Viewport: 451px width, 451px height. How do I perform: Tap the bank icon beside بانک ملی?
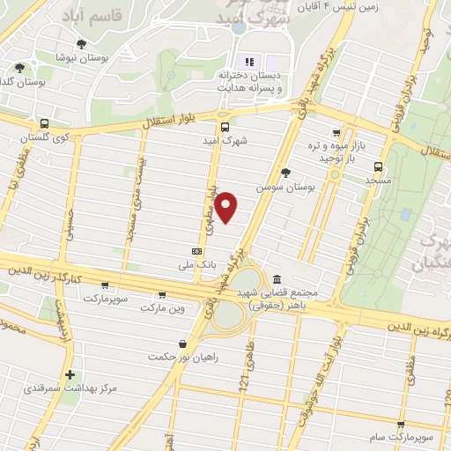[x=196, y=250]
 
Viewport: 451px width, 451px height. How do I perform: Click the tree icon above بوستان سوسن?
[x=285, y=173]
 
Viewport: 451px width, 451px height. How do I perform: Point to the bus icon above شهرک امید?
[x=225, y=126]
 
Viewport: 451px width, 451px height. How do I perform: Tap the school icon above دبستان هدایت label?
[x=248, y=62]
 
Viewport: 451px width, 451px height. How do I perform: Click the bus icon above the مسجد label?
[x=378, y=165]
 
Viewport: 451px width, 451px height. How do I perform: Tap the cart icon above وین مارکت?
[x=161, y=295]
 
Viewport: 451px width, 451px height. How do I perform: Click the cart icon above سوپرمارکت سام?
[x=402, y=425]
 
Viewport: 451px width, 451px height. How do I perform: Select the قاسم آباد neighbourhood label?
[x=87, y=15]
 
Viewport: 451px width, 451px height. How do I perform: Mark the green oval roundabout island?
[x=228, y=314]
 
